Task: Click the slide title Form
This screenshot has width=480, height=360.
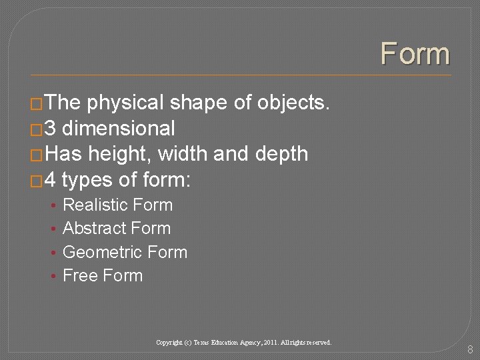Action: pyautogui.click(x=415, y=53)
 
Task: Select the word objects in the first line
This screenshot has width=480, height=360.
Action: pyautogui.click(x=293, y=103)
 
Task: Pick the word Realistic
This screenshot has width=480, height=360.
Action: pyautogui.click(x=96, y=205)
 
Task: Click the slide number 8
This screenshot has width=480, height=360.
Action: pyautogui.click(x=470, y=349)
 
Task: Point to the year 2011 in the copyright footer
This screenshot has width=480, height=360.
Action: pyautogui.click(x=272, y=343)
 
